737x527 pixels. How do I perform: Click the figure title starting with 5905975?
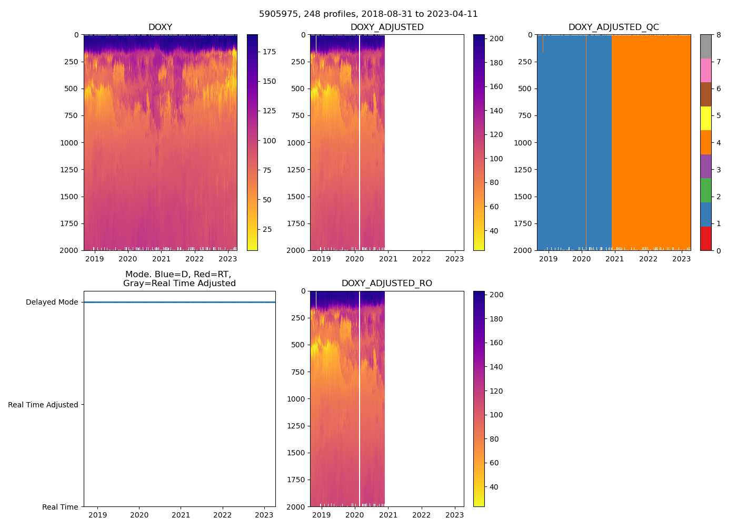368,14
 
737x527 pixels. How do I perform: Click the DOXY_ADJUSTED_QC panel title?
613,27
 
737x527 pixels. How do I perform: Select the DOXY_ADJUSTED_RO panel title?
387,284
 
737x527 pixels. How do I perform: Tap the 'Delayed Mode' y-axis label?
52,302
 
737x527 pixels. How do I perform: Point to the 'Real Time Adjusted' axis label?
43,405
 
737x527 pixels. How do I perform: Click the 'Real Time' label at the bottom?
60,507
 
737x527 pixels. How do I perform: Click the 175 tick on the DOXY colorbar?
269,52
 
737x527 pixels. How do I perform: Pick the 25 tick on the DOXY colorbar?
267,229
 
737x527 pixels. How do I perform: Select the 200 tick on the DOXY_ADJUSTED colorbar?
496,39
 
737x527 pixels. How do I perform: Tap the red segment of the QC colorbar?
705,238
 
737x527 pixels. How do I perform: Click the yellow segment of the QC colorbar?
705,118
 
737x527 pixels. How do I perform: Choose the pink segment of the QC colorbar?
705,70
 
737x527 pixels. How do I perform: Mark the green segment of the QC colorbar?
705,190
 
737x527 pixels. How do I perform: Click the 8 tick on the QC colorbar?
719,35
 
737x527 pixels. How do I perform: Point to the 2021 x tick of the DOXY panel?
161,259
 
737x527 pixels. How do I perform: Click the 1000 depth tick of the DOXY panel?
69,143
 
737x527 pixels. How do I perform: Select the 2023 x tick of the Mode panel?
264,515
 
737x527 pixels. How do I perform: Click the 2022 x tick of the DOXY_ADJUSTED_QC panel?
648,259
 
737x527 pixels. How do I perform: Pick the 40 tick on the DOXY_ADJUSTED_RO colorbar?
494,487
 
